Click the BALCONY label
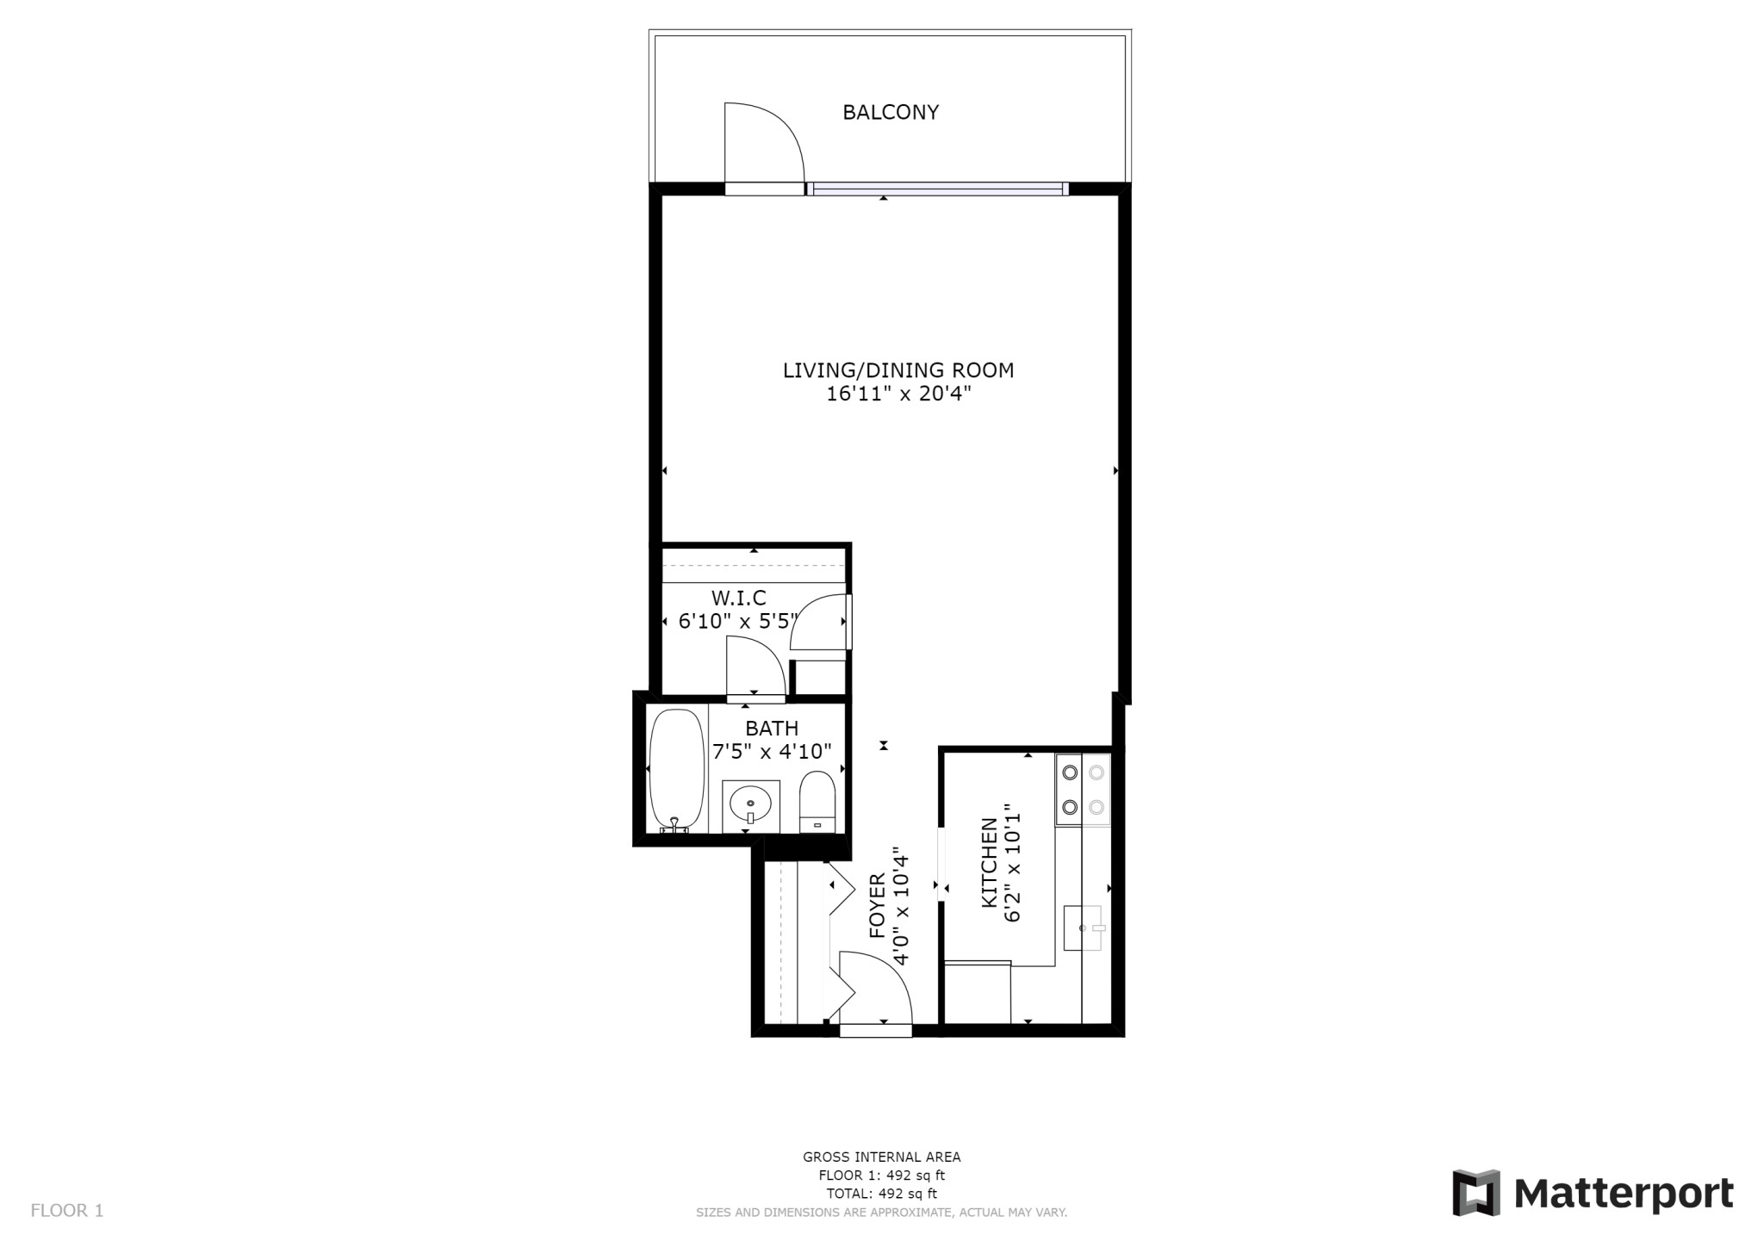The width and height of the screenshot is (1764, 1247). [x=890, y=112]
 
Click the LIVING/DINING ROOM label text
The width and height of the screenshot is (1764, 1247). [x=898, y=370]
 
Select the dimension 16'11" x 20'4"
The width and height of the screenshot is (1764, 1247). [x=898, y=394]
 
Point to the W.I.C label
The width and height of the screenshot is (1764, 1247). [x=738, y=598]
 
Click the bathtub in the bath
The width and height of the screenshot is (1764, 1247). [x=676, y=769]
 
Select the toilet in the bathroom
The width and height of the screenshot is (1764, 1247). [x=817, y=801]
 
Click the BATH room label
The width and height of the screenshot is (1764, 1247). [x=772, y=729]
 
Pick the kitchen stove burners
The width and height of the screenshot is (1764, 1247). [x=1083, y=790]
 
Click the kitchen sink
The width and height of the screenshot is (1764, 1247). [x=1084, y=927]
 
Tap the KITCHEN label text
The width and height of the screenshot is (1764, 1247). [x=990, y=862]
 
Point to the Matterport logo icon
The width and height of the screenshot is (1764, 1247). [x=1475, y=1193]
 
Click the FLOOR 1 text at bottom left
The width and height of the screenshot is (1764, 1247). [x=67, y=1210]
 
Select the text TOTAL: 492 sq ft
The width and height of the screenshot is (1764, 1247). [x=881, y=1194]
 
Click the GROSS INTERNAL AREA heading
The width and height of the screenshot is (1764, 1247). [x=881, y=1157]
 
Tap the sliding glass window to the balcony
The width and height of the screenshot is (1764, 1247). [x=937, y=189]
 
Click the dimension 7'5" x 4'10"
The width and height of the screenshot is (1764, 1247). [x=772, y=751]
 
